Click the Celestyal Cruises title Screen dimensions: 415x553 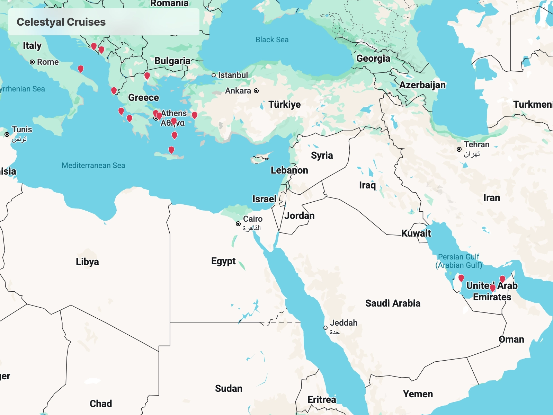[x=61, y=22]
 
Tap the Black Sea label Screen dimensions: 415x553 [x=272, y=40]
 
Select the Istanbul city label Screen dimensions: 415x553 [x=233, y=75]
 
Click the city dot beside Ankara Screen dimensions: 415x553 [x=256, y=91]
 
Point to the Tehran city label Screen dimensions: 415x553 [x=476, y=145]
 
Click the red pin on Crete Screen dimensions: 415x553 [x=171, y=150]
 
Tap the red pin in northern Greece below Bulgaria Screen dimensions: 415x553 [x=147, y=75]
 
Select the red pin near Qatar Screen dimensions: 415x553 [x=461, y=278]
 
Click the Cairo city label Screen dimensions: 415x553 [x=252, y=219]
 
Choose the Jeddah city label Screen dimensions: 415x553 [x=343, y=323]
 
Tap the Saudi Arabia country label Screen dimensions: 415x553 [x=393, y=303]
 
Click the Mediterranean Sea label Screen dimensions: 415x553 [x=93, y=166]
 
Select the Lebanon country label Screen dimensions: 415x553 [x=289, y=170]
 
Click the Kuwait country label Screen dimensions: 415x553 [x=416, y=233]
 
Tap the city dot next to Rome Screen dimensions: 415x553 [x=32, y=62]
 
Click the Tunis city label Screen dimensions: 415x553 [x=22, y=130]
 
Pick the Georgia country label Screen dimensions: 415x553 [x=373, y=59]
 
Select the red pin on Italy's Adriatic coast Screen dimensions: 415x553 [x=81, y=69]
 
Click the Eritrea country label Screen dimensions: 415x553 [x=321, y=400]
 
